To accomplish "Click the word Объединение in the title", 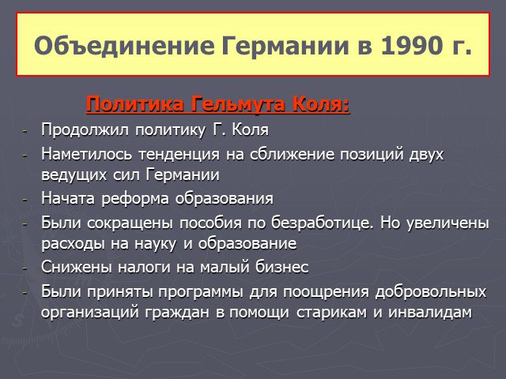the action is click(125, 46).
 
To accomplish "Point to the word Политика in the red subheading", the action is click(135, 104).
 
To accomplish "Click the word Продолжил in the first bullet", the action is click(85, 130).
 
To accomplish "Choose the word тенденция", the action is click(179, 155).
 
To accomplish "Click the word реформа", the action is click(135, 199).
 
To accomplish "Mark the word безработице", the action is click(322, 223).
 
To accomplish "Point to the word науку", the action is click(155, 244).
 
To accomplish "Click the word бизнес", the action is click(282, 267).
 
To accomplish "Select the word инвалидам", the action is click(430, 313).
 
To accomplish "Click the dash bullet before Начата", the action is click(25, 200).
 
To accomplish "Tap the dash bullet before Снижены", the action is click(25, 268).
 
